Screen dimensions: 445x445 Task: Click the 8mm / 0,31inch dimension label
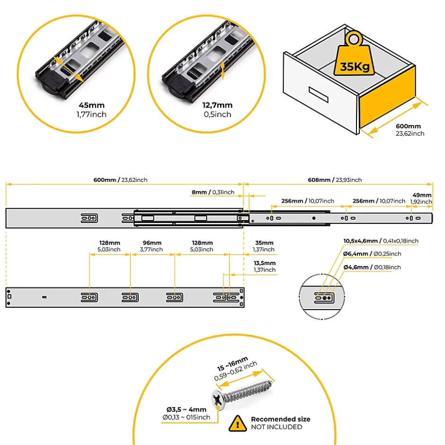tap(213, 192)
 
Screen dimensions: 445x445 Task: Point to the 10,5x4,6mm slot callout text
tap(381, 241)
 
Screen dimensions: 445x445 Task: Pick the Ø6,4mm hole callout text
tap(372, 254)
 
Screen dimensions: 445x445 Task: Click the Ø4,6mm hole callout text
tap(372, 267)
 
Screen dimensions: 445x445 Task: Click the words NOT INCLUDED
tap(276, 427)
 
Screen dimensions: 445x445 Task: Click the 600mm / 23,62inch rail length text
tap(120, 180)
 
